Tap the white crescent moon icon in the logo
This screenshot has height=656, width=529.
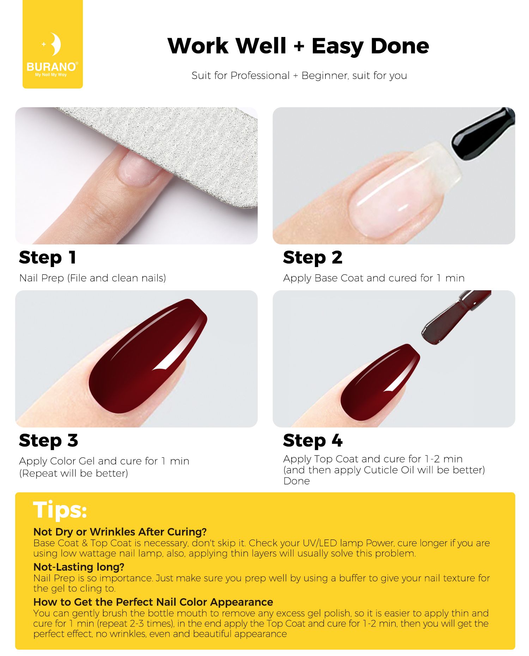(x=55, y=44)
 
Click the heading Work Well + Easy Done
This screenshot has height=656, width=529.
(x=298, y=46)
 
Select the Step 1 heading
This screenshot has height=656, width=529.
(x=47, y=257)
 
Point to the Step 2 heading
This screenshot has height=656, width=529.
(x=312, y=257)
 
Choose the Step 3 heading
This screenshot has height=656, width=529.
(x=48, y=441)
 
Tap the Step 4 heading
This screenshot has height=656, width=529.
(x=312, y=441)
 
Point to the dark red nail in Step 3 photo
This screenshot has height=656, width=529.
(x=148, y=356)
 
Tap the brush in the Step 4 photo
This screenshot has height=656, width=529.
(x=455, y=316)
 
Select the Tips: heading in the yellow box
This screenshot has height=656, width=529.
(x=60, y=510)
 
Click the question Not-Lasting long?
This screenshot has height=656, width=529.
(x=79, y=567)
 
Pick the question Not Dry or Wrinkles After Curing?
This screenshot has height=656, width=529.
(x=120, y=532)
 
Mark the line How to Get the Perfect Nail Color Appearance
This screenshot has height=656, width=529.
(x=153, y=602)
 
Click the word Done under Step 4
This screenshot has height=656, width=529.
(x=297, y=481)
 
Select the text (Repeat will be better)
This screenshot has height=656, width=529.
(x=74, y=473)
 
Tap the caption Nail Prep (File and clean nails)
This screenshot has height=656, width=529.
(x=92, y=278)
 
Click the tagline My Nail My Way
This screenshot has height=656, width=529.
(x=51, y=75)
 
